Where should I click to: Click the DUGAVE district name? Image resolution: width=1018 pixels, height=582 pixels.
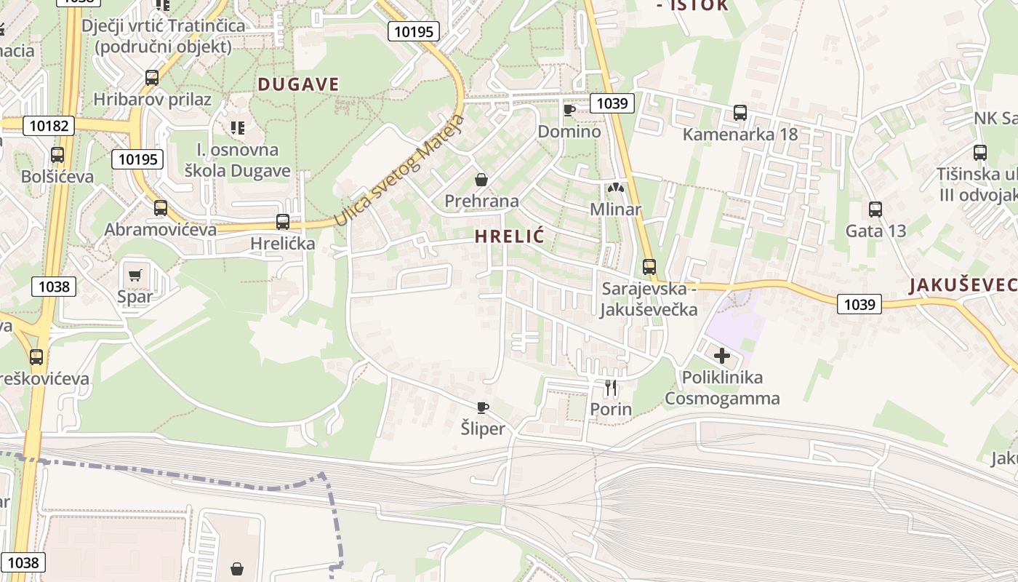pos(298,84)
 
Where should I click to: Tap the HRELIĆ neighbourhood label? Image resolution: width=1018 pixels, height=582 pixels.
pos(510,236)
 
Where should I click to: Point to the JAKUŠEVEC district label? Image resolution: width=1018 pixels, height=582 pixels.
pos(962,285)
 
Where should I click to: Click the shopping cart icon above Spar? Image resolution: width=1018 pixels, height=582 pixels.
pos(135,275)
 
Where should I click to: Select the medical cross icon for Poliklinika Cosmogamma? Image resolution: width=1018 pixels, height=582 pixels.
pos(721,356)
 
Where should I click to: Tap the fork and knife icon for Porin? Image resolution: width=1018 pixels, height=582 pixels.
pos(611,388)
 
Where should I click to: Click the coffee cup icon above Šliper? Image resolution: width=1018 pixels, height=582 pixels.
pos(482,407)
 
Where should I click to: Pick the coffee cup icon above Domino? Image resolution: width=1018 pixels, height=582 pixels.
pos(569,110)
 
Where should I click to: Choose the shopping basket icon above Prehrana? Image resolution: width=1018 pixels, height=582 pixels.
pos(481,179)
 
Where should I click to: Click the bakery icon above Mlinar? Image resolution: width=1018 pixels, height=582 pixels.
pos(616,188)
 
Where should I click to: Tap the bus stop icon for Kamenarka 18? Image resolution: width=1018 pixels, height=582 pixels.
pos(740,113)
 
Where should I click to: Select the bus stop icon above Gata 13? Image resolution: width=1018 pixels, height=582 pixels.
pos(875,210)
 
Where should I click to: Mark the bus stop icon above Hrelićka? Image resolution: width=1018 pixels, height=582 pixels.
pos(283,222)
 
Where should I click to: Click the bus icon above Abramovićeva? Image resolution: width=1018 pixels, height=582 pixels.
pos(161,208)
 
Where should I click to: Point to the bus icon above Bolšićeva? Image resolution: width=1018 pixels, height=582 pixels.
pos(57,155)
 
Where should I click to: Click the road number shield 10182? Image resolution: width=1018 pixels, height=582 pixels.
pos(49,126)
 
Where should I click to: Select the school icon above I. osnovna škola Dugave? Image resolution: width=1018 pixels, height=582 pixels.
pos(237,128)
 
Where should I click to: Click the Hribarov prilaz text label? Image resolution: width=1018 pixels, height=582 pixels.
pos(152,100)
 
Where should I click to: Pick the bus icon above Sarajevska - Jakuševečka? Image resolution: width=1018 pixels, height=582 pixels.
pos(649,267)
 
